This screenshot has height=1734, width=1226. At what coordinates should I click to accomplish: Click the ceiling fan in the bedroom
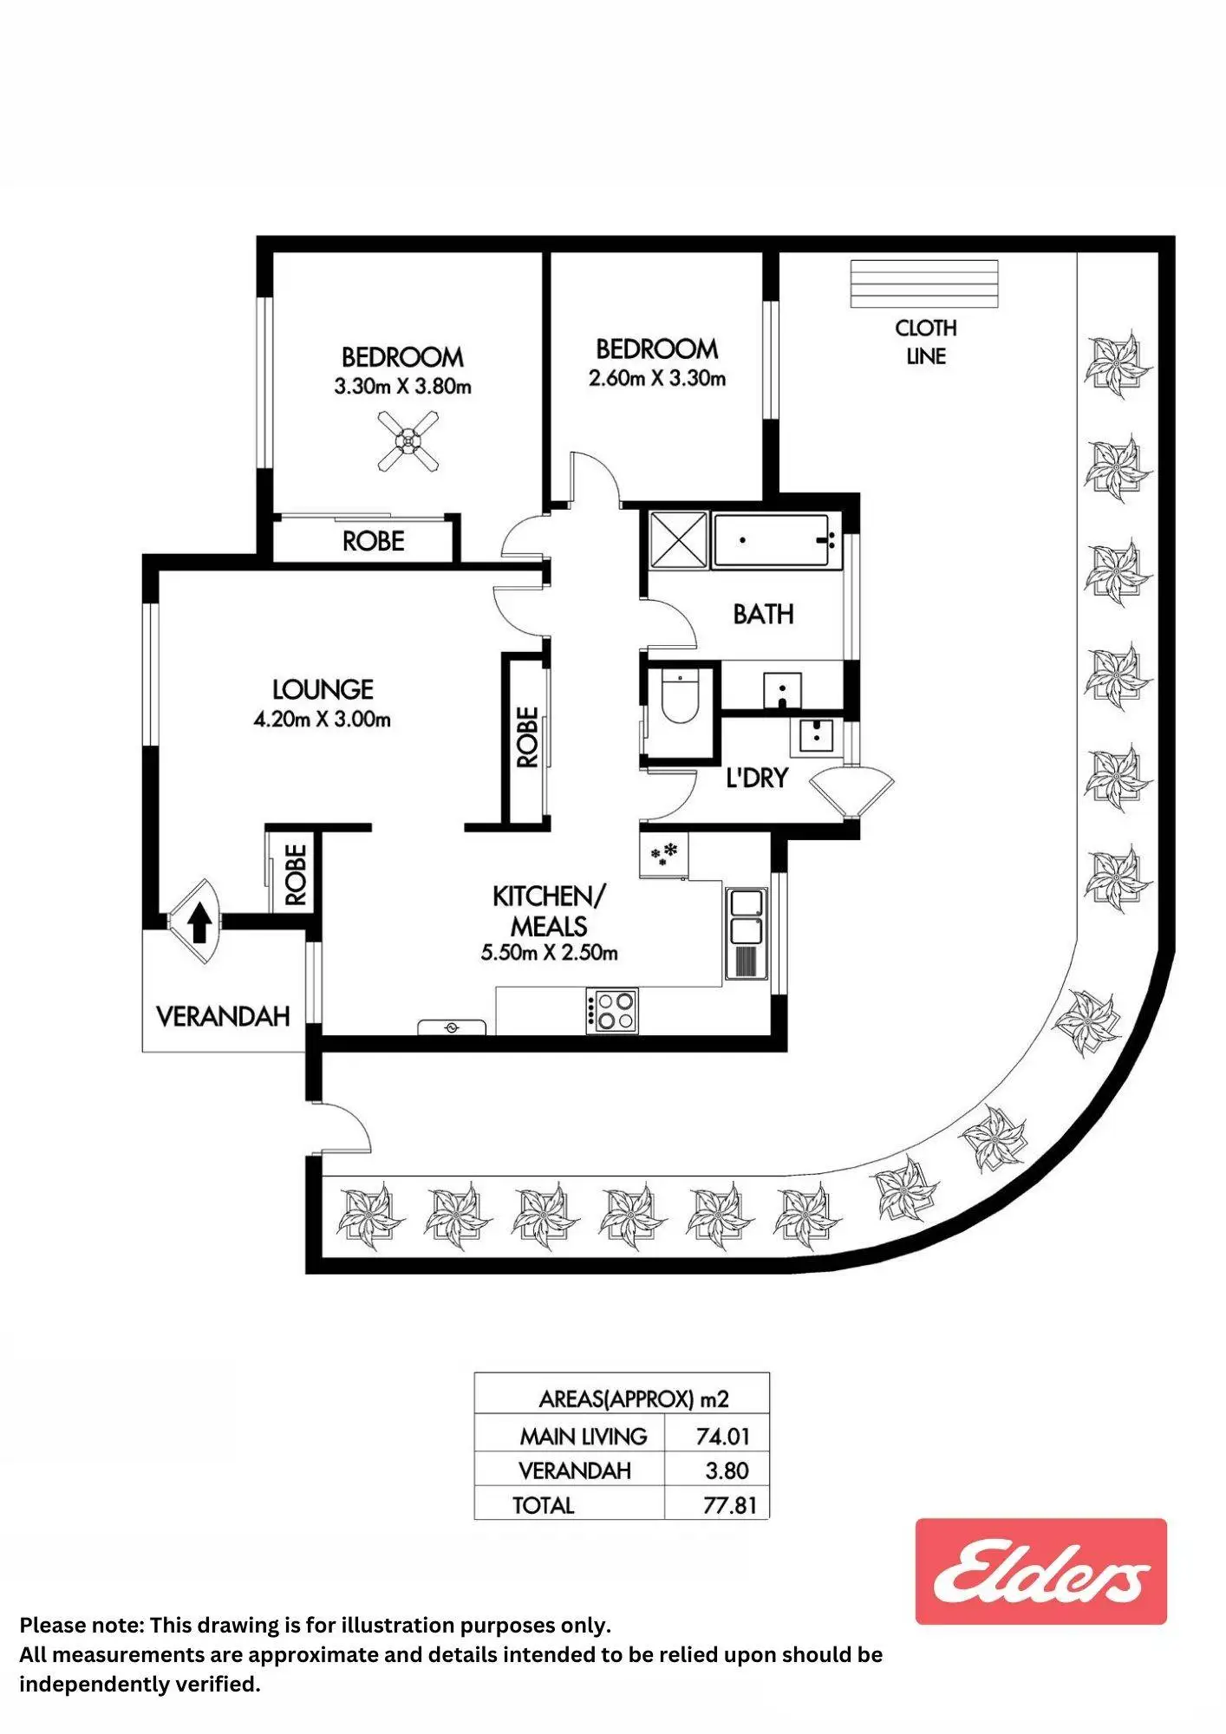coord(408,441)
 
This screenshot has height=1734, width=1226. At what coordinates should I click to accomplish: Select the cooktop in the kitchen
coord(611,1010)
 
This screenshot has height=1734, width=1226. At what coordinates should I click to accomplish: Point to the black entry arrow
coord(199,922)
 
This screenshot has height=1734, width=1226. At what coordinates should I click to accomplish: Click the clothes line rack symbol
coord(923,284)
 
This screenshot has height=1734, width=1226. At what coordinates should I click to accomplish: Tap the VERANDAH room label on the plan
coord(223,1016)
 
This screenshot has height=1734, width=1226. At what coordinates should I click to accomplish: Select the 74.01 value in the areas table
coord(722,1437)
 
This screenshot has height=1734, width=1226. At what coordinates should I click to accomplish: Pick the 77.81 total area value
coord(729,1505)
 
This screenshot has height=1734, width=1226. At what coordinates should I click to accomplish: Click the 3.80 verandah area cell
coord(727,1470)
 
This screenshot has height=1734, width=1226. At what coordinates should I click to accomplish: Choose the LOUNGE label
coord(323,689)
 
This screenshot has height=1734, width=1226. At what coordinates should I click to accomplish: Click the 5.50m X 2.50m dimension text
coord(549,953)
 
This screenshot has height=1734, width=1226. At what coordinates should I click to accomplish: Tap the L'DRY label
coord(757,778)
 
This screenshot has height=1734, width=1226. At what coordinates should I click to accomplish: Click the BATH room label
coord(763,614)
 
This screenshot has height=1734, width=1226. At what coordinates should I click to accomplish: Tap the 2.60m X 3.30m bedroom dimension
coord(657,378)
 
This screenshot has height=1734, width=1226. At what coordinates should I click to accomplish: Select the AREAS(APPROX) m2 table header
coord(634,1398)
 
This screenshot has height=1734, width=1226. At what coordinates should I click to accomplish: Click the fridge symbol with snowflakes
coord(664,855)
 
